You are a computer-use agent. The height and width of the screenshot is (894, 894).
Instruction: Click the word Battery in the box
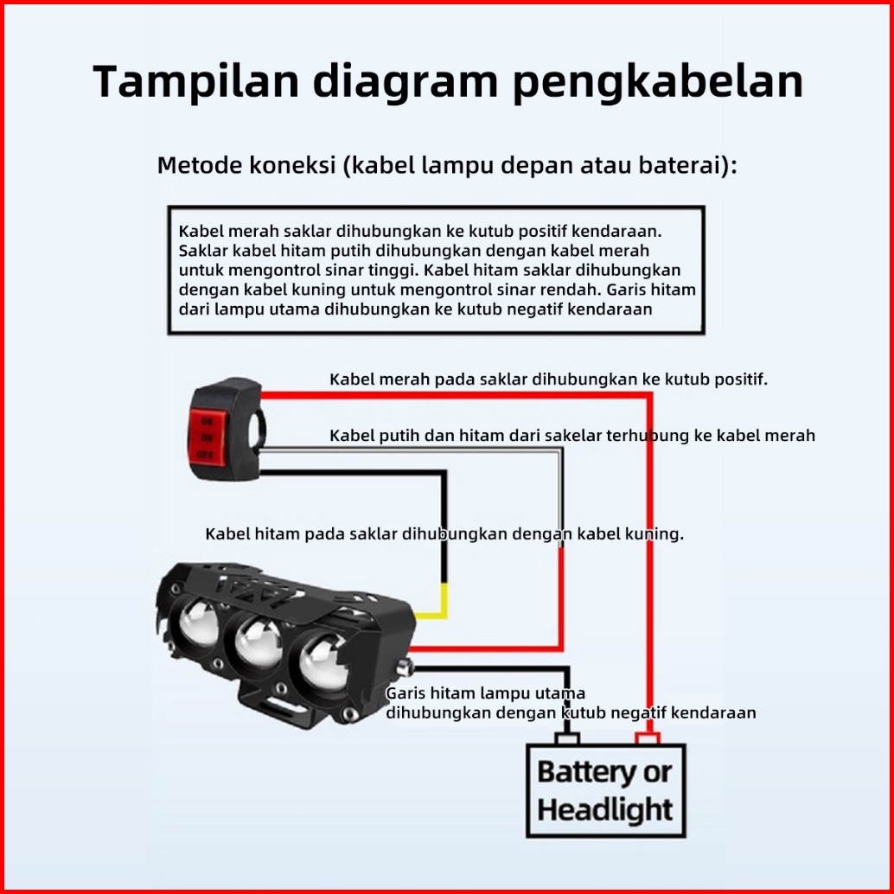click(x=585, y=772)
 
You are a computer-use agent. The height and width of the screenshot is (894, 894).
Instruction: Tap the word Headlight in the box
click(x=604, y=811)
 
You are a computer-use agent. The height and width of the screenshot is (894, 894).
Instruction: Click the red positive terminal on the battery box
click(x=648, y=738)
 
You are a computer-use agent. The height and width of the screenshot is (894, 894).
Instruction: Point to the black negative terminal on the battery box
click(x=567, y=738)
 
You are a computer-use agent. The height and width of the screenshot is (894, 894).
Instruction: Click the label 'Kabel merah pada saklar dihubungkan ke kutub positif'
click(x=548, y=380)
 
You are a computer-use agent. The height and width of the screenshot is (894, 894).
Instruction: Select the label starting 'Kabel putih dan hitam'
click(x=572, y=436)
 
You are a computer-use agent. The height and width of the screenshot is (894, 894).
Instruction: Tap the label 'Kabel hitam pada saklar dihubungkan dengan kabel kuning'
click(x=444, y=534)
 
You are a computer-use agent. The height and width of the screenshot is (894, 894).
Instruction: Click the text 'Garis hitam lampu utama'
click(x=485, y=693)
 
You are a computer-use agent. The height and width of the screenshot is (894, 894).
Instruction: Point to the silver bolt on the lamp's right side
click(x=407, y=667)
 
